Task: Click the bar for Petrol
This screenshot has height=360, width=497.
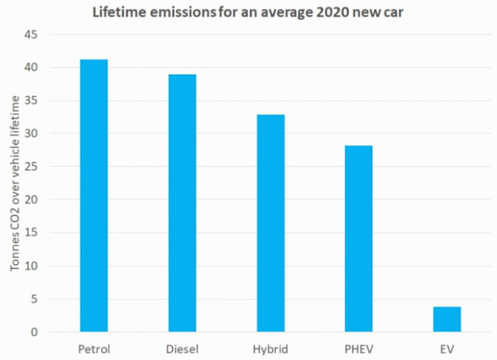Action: click(93, 195)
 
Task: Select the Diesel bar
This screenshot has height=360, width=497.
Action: click(182, 203)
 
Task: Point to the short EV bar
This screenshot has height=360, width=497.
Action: click(447, 319)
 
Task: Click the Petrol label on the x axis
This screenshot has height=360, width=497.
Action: click(93, 348)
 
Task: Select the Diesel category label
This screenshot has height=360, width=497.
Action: click(182, 348)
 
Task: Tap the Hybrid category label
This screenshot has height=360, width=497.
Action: click(270, 348)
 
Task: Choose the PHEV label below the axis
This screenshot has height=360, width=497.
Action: click(359, 348)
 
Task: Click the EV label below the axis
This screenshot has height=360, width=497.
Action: click(447, 348)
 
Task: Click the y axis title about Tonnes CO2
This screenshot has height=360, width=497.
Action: click(16, 184)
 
